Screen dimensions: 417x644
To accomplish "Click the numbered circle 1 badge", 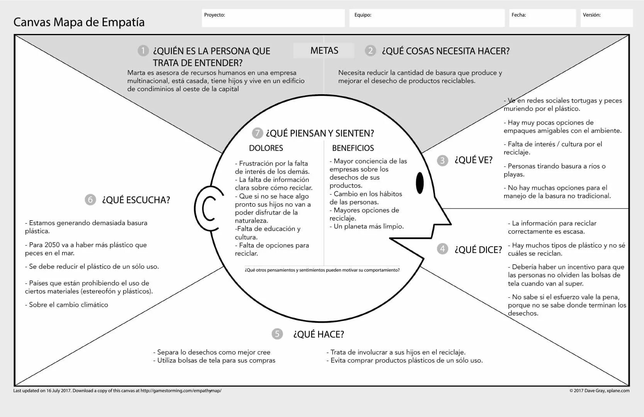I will (x=143, y=51).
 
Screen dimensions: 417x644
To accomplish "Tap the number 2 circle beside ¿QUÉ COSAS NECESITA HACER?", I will (x=370, y=51).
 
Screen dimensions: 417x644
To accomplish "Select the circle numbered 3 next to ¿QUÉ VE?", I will (x=442, y=161).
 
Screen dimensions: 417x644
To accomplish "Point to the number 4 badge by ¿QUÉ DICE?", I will (x=442, y=249).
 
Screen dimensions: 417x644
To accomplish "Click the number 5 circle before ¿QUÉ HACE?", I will (x=277, y=334).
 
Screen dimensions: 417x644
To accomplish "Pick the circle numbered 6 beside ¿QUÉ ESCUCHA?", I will (x=90, y=200).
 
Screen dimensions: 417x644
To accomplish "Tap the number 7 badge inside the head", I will (x=257, y=133).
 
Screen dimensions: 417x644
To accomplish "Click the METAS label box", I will (x=324, y=51).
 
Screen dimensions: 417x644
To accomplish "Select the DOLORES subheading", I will (x=266, y=148).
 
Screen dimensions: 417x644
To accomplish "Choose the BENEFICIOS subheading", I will (x=353, y=148).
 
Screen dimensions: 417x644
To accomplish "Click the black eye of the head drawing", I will (x=420, y=182).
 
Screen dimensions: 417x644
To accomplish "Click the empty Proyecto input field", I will (x=273, y=18).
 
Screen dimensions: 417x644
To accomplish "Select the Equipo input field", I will (x=427, y=18).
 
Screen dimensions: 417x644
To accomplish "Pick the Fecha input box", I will (x=542, y=18).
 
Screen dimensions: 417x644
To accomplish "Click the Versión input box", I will (x=607, y=18).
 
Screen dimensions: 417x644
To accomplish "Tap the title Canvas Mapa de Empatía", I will (x=79, y=22).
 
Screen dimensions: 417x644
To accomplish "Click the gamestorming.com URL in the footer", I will (x=181, y=391).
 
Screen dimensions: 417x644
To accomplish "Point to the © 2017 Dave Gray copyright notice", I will (x=599, y=391).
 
